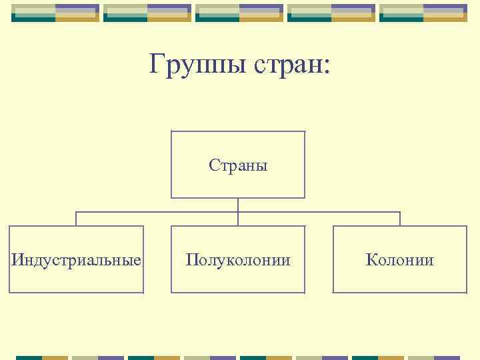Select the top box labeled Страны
click(238, 165)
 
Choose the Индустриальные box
click(76, 259)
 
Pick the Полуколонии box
click(238, 259)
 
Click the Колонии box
click(400, 259)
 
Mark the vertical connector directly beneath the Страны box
click(238, 205)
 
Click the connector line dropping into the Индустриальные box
click(76, 219)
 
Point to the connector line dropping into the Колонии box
click(400, 219)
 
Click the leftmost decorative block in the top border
click(55, 13)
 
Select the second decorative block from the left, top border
click(147, 13)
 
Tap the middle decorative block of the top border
click(239, 13)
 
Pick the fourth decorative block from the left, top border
click(331, 13)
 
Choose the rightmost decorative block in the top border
click(423, 13)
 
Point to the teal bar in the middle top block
click(218, 19)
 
